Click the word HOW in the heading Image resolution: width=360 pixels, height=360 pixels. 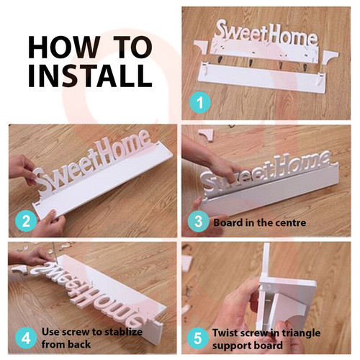tap(63, 48)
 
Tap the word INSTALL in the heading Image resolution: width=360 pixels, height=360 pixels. tap(90, 76)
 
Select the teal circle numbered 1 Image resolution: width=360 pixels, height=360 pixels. tap(200, 102)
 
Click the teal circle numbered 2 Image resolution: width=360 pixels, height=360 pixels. tap(26, 221)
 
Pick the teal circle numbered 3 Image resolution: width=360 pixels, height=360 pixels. tap(199, 221)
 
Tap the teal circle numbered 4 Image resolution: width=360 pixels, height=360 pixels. tap(26, 338)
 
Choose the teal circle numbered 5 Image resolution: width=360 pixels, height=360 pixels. tap(198, 338)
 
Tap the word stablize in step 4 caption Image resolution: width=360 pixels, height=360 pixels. tap(122, 332)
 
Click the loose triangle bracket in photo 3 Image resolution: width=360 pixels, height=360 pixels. tap(206, 135)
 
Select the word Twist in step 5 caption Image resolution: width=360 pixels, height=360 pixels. tap(225, 333)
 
